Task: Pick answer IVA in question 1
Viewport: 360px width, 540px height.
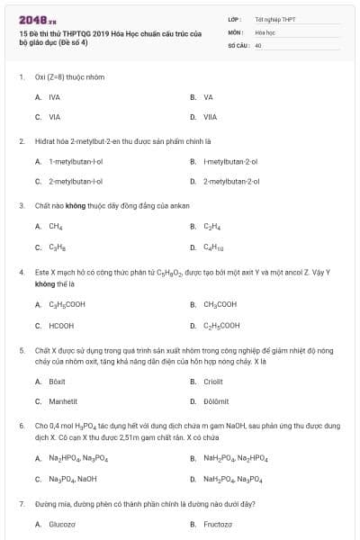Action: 54,96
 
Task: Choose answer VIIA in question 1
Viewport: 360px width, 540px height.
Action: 210,117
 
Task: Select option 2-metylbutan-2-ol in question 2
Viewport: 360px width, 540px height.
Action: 231,181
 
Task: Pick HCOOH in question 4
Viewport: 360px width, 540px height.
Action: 61,326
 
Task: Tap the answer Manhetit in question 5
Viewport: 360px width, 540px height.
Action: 63,401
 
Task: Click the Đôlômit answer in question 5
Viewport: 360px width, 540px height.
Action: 216,401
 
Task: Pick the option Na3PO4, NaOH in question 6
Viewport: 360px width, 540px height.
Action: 73,478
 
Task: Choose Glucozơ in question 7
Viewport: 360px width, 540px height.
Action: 62,524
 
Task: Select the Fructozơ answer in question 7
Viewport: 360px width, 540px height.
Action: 218,524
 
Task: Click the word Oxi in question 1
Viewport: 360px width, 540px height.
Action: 40,76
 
